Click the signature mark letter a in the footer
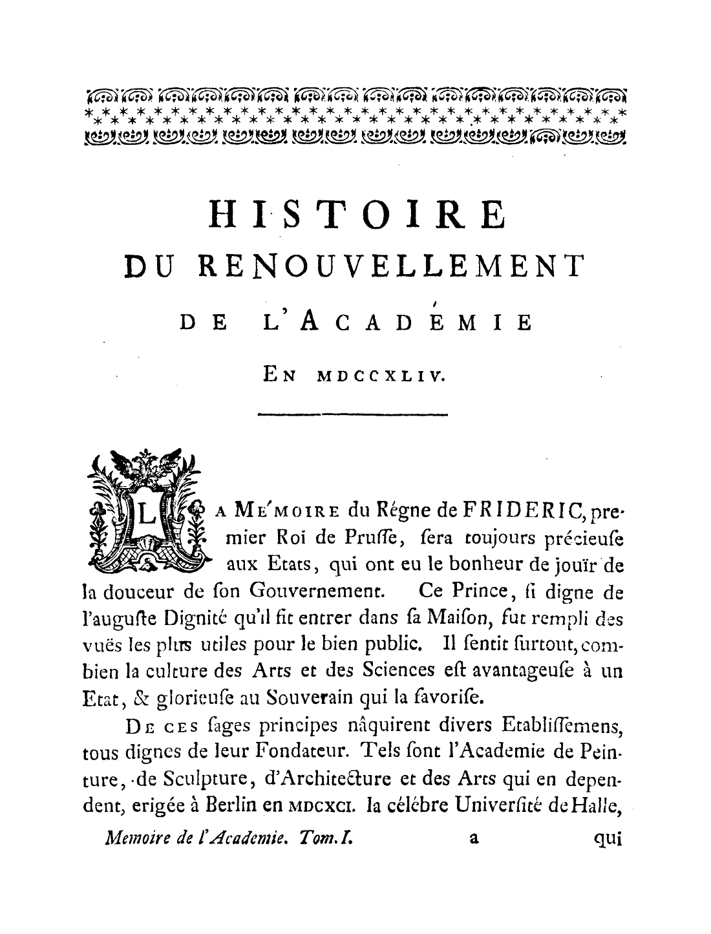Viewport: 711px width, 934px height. point(473,838)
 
